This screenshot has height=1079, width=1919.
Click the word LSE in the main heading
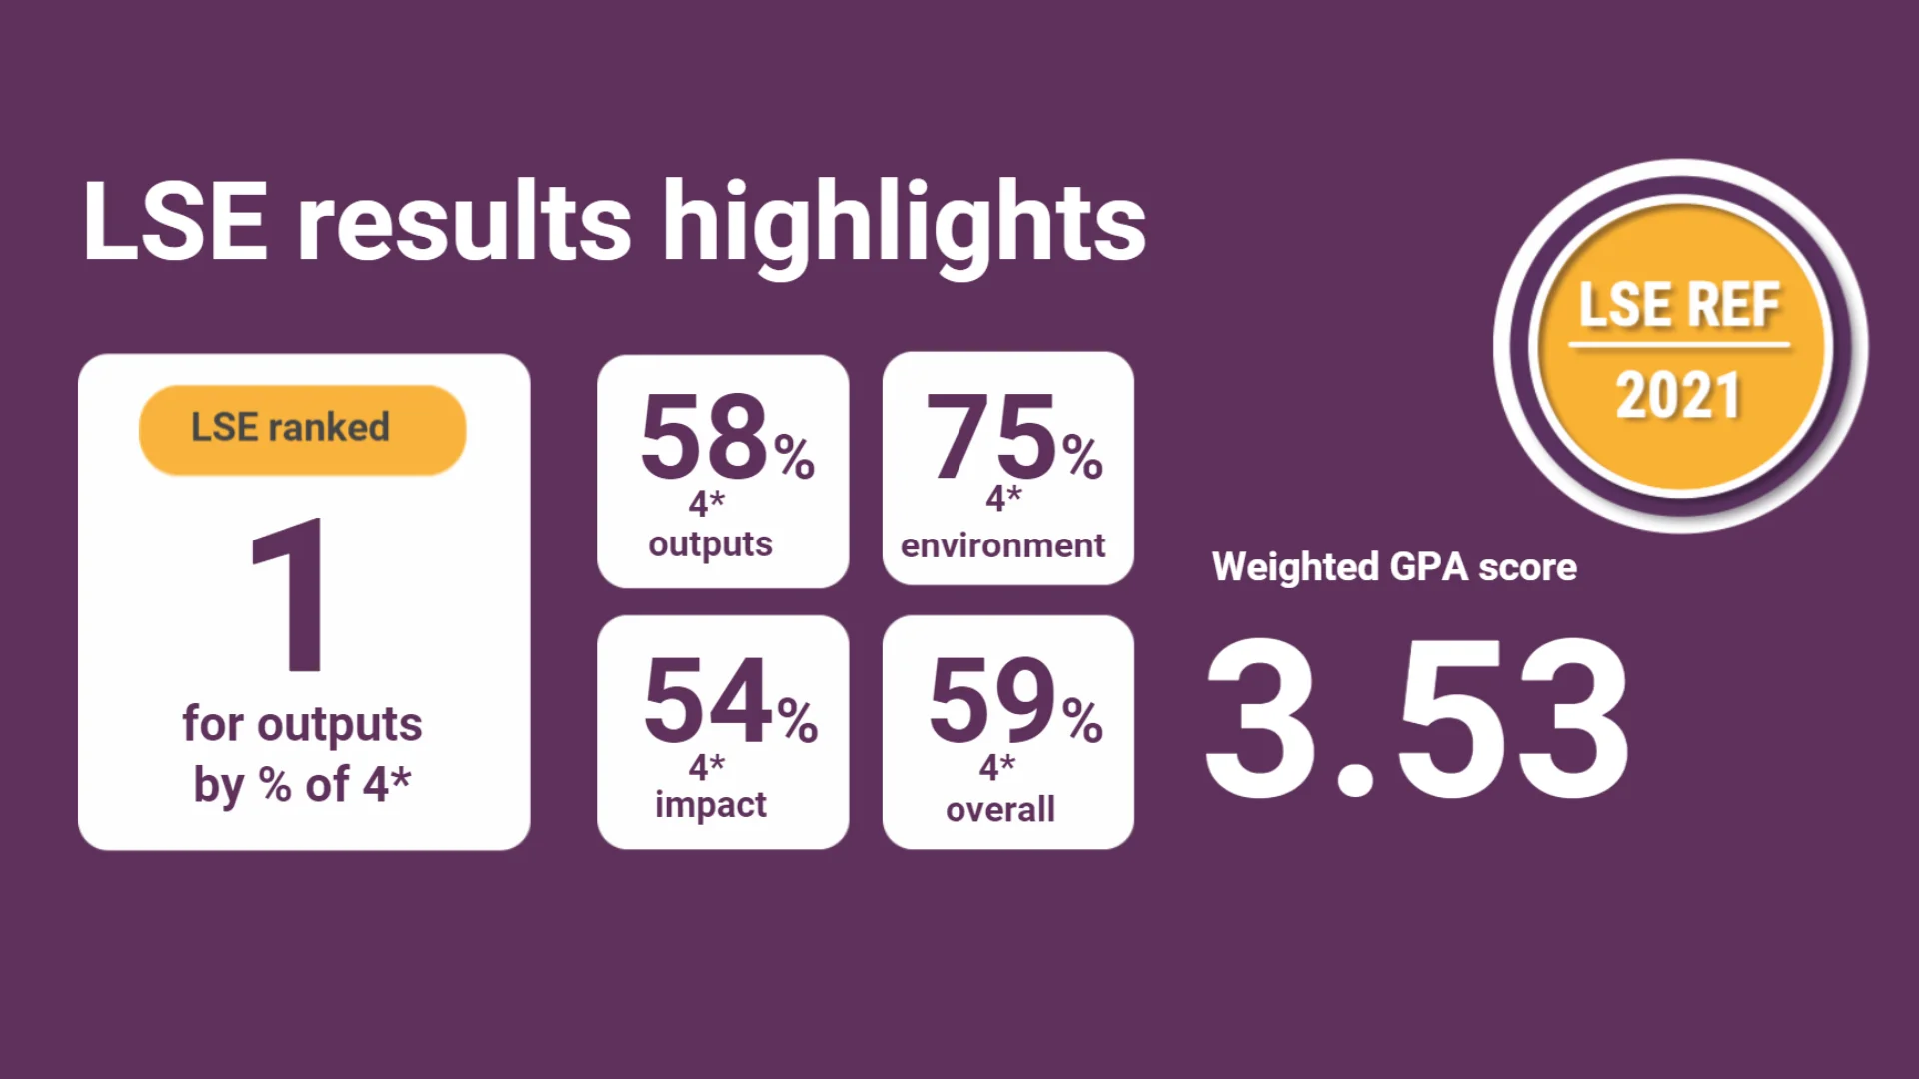(175, 222)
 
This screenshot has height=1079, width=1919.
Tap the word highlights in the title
(904, 225)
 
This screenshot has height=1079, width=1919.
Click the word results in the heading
(464, 222)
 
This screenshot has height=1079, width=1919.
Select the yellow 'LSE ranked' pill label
(302, 429)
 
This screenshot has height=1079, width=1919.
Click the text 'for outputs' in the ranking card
(302, 725)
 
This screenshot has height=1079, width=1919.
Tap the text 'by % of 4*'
(302, 785)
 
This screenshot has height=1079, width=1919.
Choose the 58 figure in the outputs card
(703, 436)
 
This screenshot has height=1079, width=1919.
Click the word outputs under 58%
(710, 544)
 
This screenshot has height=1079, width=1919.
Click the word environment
(1002, 545)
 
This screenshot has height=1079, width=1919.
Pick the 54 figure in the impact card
(708, 700)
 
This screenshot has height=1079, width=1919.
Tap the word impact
(710, 805)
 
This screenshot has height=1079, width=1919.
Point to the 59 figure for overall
(991, 700)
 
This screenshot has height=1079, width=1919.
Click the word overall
(999, 809)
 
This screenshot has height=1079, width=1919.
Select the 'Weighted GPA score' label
(1394, 567)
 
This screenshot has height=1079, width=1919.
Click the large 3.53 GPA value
(1417, 719)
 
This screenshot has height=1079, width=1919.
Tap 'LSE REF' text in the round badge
(1679, 305)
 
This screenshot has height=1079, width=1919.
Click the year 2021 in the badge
(1679, 395)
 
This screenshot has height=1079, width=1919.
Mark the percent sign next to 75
(1082, 457)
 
